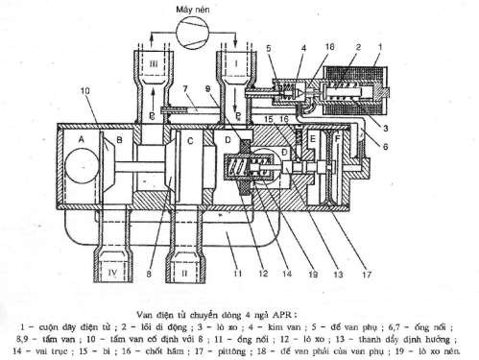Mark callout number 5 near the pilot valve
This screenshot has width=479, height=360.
[270, 47]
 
